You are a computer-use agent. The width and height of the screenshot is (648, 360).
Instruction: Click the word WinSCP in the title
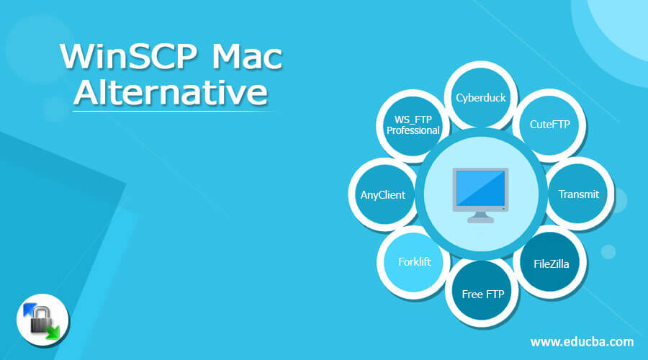click(x=128, y=57)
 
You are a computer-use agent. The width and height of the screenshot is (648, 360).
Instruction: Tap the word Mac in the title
click(x=247, y=57)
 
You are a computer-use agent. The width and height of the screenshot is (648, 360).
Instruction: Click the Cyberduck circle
click(x=481, y=97)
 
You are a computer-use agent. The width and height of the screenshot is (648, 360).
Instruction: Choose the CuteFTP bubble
click(x=549, y=125)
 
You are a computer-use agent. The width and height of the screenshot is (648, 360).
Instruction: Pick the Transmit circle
click(x=579, y=194)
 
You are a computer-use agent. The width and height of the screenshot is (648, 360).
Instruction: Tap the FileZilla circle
click(x=551, y=264)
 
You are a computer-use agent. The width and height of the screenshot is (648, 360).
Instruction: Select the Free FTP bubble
click(x=482, y=294)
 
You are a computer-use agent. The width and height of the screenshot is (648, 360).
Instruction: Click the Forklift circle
click(x=414, y=262)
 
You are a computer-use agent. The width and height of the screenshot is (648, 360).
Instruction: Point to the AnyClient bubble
click(x=383, y=194)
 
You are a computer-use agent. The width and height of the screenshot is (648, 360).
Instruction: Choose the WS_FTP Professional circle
click(x=413, y=125)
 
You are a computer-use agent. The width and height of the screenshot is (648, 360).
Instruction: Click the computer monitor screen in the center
click(x=480, y=189)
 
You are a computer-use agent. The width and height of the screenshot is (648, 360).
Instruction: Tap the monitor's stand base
click(x=480, y=220)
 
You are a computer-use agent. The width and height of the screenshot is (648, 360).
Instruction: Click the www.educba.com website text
click(x=582, y=342)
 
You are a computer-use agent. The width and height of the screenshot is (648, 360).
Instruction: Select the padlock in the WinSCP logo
click(x=41, y=320)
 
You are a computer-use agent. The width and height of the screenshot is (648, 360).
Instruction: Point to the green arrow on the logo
click(x=53, y=332)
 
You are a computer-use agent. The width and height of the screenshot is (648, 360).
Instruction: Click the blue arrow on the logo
click(x=30, y=310)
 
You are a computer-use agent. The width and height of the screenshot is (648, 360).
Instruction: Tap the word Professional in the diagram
click(x=413, y=130)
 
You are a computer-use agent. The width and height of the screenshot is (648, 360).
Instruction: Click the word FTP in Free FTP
click(x=495, y=294)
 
